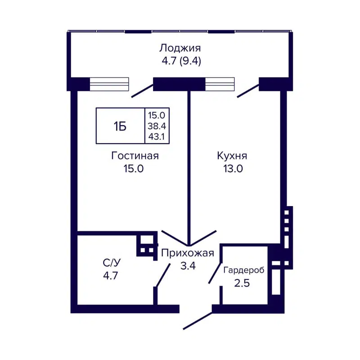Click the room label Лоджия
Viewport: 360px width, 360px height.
[x=180, y=48]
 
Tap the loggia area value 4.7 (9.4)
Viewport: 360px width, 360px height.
[x=180, y=61]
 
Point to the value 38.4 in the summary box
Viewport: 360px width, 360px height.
[x=157, y=126]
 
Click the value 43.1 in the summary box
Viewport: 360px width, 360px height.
[x=157, y=136]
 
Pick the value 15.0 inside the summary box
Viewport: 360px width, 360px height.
[x=157, y=116]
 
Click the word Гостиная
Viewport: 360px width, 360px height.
[x=135, y=156]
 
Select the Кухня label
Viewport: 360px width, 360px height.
[x=232, y=156]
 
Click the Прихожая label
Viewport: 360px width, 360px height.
[x=187, y=252]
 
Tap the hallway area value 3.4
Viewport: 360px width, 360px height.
[x=187, y=265]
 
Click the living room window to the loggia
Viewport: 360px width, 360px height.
[x=109, y=84]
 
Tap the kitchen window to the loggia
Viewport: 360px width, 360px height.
[x=220, y=84]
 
